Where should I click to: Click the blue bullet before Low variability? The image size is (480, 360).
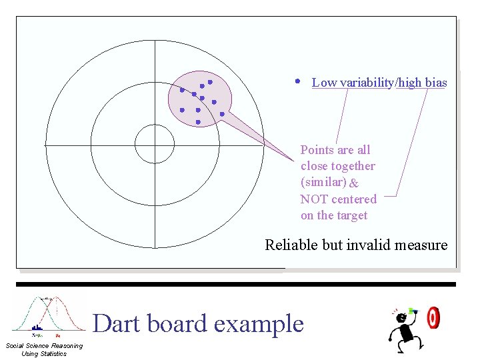297,81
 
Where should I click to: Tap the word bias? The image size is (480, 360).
436,83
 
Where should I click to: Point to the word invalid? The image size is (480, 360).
369,245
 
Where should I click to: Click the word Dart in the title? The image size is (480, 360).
117,324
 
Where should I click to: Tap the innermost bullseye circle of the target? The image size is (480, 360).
155,144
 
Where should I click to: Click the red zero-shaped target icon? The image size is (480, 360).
433,318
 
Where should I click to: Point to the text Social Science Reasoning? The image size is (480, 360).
44,345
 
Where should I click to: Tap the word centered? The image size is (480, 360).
353,199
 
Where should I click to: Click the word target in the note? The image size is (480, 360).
351,215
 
